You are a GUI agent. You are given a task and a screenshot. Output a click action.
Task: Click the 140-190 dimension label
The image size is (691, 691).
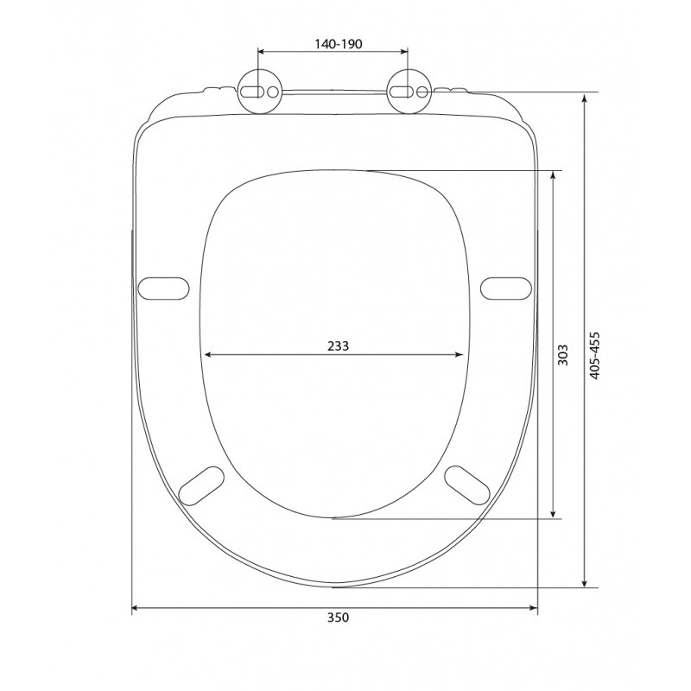click(x=338, y=44)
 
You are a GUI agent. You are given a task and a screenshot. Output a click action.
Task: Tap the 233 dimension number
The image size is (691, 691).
click(x=338, y=346)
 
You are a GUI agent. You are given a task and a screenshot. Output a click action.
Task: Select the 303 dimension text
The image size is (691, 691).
click(x=563, y=355)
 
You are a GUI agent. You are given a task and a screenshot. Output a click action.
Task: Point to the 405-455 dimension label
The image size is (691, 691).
click(x=595, y=356)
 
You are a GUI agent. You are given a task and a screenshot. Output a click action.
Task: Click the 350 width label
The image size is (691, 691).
click(x=338, y=618)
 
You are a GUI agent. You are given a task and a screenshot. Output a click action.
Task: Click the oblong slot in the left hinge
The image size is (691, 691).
click(x=251, y=92)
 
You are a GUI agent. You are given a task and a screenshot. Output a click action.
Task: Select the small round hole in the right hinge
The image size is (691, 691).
click(x=422, y=92)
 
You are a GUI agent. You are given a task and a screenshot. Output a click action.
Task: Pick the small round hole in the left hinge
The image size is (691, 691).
click(x=273, y=92)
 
